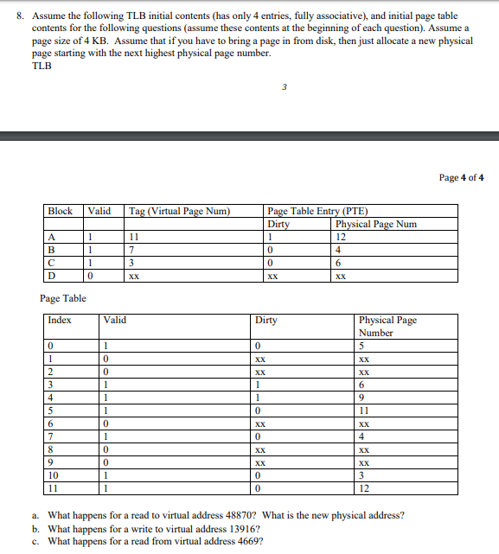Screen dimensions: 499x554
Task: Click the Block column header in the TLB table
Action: click(x=61, y=211)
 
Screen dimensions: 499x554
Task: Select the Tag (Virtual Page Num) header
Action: click(x=177, y=211)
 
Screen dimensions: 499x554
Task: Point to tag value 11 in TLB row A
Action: click(x=133, y=237)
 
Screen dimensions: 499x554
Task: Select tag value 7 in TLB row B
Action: click(x=131, y=251)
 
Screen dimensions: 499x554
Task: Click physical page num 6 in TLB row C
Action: click(x=339, y=264)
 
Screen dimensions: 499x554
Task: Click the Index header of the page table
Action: click(x=61, y=320)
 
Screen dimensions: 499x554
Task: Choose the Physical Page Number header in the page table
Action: click(x=387, y=326)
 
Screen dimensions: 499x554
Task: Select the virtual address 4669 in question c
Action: click(x=244, y=542)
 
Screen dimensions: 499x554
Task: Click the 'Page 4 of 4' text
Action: click(x=462, y=178)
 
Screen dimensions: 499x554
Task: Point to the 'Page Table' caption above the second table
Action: click(x=63, y=299)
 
